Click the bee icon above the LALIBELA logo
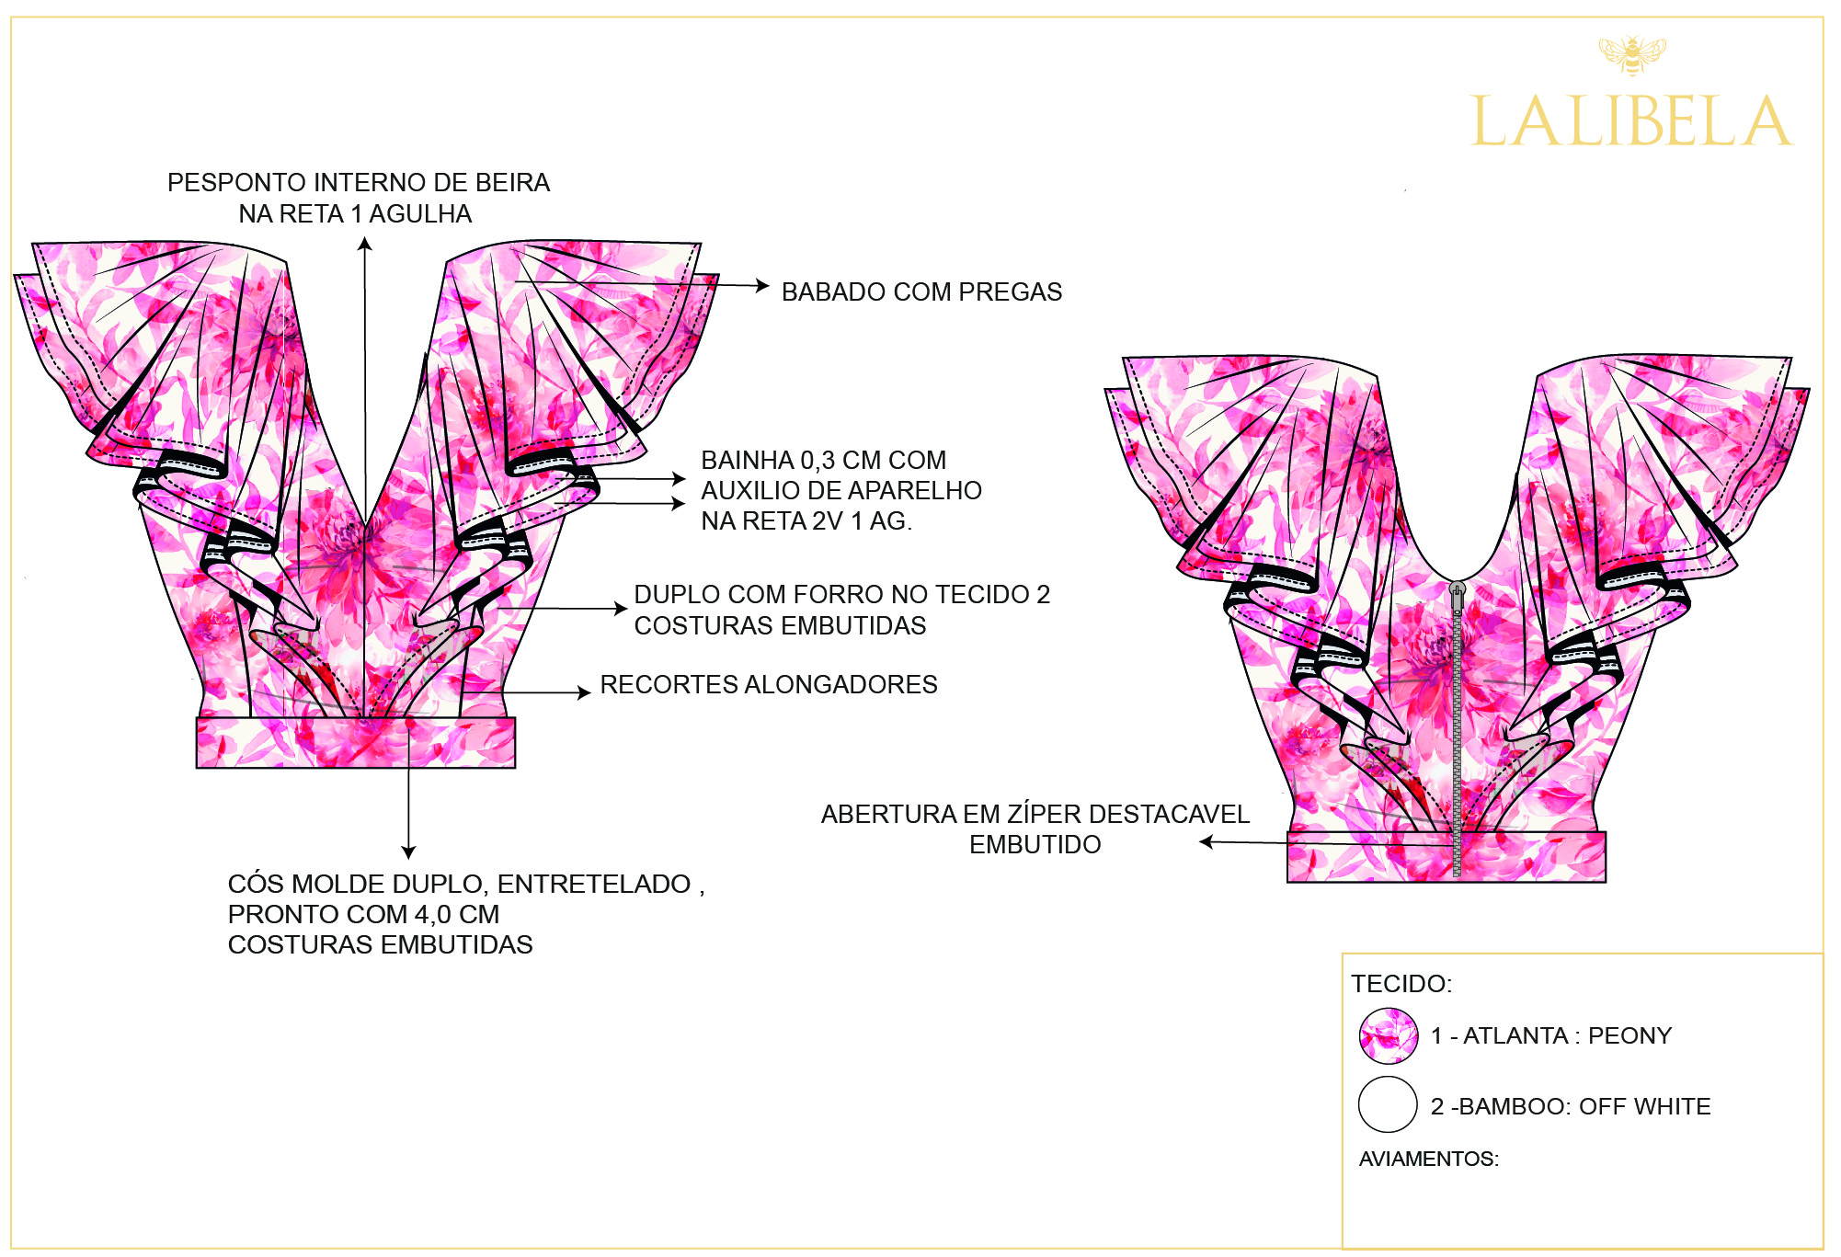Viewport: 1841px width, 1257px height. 1631,55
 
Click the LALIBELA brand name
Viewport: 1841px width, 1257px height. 1631,121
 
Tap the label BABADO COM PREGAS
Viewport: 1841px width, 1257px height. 921,292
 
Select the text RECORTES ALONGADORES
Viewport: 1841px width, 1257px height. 769,685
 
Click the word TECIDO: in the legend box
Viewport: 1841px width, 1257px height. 1401,984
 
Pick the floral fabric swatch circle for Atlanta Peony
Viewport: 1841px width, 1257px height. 1389,1036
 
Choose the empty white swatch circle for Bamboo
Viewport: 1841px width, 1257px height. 1388,1104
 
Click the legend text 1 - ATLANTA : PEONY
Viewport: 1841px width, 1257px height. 1551,1036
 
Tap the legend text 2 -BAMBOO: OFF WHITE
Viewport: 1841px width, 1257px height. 1571,1106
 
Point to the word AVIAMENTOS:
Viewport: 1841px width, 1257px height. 1429,1159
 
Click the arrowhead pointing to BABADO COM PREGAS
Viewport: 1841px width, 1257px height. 763,286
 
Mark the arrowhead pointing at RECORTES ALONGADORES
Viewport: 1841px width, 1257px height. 584,692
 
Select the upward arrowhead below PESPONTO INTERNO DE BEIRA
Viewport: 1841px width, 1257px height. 365,244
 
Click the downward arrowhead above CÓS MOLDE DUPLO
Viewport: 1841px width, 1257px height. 409,852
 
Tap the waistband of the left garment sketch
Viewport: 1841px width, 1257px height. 356,743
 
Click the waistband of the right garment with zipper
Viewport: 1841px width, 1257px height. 1379,858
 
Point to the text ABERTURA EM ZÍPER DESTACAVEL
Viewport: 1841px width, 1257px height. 1035,815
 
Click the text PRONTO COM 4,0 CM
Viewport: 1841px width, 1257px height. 364,915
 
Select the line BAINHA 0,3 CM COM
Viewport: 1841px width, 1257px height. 824,461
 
